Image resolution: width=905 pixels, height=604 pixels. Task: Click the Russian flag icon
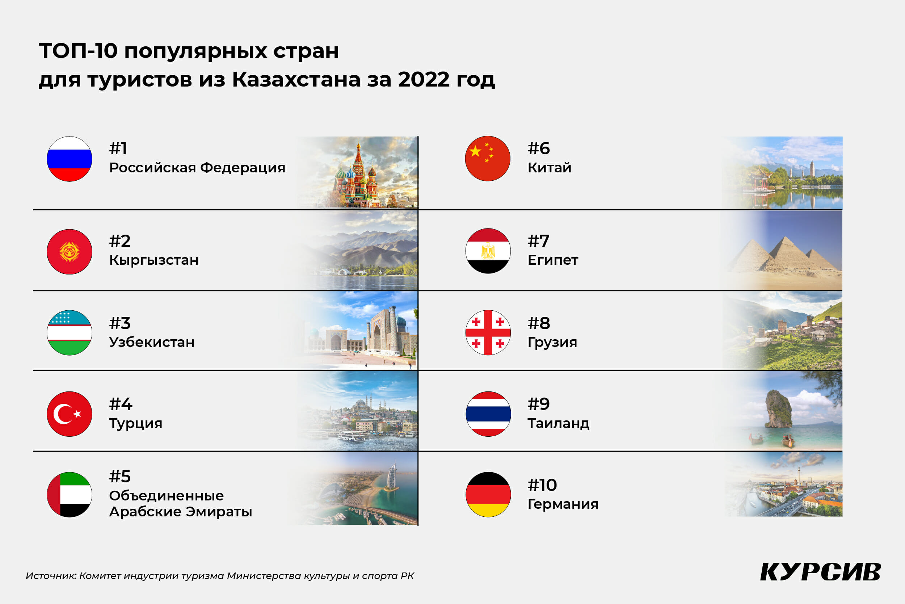pyautogui.click(x=69, y=159)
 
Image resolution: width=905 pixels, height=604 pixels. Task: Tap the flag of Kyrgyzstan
pyautogui.click(x=69, y=252)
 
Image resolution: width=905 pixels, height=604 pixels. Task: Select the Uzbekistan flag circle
pyautogui.click(x=69, y=333)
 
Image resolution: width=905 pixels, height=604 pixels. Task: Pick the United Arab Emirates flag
pyautogui.click(x=69, y=495)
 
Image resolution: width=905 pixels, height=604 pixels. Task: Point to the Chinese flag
pyautogui.click(x=488, y=158)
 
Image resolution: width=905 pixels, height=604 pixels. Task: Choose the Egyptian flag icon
pyautogui.click(x=488, y=251)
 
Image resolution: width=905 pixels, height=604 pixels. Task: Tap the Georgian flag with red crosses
pyautogui.click(x=488, y=333)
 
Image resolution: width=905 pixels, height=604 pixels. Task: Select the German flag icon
pyautogui.click(x=488, y=495)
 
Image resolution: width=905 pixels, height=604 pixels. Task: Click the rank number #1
pyautogui.click(x=118, y=148)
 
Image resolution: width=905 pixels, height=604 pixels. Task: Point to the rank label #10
pyautogui.click(x=542, y=485)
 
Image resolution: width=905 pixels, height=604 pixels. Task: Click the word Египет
pyautogui.click(x=553, y=260)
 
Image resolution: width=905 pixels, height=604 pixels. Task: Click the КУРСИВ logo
pyautogui.click(x=821, y=572)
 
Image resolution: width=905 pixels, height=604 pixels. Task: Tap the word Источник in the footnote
pyautogui.click(x=51, y=576)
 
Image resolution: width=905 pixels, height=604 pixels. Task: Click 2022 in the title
pyautogui.click(x=424, y=79)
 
